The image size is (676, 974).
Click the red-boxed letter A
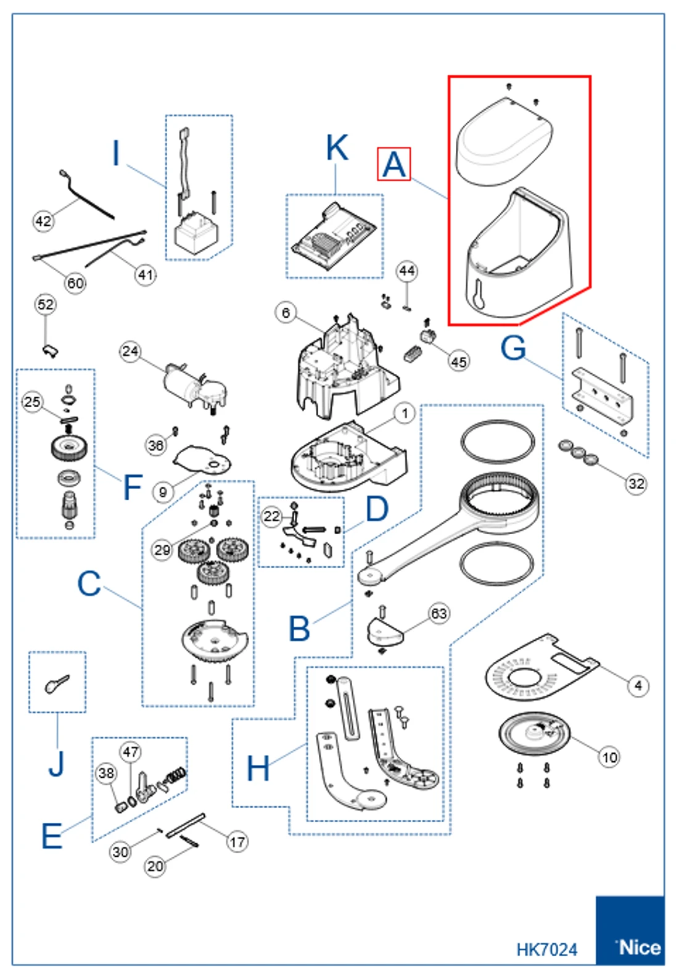coord(394,165)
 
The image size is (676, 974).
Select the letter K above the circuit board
coord(337,148)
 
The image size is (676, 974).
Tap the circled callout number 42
coord(43,221)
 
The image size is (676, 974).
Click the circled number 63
coord(439,614)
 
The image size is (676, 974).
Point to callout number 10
coord(609,757)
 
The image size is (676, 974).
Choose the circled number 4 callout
coord(638,685)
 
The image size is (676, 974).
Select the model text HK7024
coord(546,950)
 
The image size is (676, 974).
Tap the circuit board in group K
coord(333,237)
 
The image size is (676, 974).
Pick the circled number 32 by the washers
coord(636,484)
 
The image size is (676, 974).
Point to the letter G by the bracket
coord(513,348)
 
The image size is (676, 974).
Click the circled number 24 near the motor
coord(130,352)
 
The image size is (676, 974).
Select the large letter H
coord(258,769)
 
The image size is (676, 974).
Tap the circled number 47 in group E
coord(131,752)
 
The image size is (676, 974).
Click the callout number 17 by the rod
coord(237,841)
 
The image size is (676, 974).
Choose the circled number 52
coord(46,305)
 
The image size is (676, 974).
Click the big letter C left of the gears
coord(89,584)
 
